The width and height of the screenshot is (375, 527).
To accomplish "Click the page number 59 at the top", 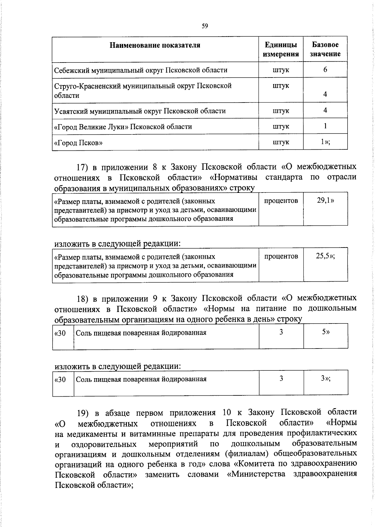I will click(205, 26).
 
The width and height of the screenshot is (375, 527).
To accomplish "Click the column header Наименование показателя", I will click(155, 45).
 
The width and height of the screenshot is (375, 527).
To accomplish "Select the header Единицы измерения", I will click(281, 49).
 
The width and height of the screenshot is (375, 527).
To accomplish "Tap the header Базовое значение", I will click(325, 49).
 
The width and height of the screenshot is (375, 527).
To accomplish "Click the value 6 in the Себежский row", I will click(325, 69).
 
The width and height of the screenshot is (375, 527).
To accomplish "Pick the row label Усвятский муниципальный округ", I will click(140, 111).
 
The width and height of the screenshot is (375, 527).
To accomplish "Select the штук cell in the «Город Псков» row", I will click(281, 142).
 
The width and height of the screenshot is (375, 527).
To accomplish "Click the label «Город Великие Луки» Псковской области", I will click(123, 127).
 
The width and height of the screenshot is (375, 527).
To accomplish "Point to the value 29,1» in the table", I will click(325, 201).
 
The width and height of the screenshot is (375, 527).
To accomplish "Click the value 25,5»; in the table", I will click(325, 256).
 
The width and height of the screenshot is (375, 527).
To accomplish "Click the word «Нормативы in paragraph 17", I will click(234, 178).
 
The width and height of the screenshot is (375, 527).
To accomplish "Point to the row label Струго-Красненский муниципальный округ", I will click(143, 86).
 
